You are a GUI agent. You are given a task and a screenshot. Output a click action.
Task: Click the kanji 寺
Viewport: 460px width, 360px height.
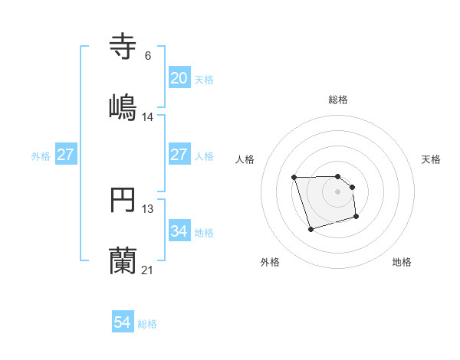point(123,47)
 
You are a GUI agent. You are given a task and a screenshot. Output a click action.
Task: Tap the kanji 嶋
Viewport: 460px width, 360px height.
point(123,106)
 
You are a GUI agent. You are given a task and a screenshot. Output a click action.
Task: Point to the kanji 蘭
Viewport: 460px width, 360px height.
point(123,260)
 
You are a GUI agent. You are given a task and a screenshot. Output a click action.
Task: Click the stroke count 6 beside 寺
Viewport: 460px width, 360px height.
point(147,55)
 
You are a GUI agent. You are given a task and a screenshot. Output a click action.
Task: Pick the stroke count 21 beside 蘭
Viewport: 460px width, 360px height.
point(147,270)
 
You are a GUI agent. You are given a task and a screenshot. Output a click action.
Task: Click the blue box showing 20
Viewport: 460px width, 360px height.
point(179,78)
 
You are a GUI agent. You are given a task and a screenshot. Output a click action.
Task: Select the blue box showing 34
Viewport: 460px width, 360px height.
point(179,231)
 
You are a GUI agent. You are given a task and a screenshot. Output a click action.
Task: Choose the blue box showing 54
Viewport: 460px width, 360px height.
point(123,323)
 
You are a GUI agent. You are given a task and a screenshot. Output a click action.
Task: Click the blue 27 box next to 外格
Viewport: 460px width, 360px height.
point(66,155)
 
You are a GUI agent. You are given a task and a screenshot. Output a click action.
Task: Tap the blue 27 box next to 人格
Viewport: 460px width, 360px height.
point(179,155)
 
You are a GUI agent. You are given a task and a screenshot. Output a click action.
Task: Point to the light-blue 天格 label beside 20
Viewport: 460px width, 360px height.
point(203,80)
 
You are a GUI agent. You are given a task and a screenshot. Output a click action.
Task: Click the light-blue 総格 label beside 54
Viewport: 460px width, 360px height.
point(147,324)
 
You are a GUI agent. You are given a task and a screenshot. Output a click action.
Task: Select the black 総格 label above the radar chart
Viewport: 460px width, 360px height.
point(338,100)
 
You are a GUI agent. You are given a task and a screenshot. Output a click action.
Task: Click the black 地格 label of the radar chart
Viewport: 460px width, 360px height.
point(402,262)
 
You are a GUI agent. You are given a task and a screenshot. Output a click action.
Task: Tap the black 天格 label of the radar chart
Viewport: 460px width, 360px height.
point(431,159)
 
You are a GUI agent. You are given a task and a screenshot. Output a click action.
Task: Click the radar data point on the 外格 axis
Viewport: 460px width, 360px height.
point(310,229)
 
